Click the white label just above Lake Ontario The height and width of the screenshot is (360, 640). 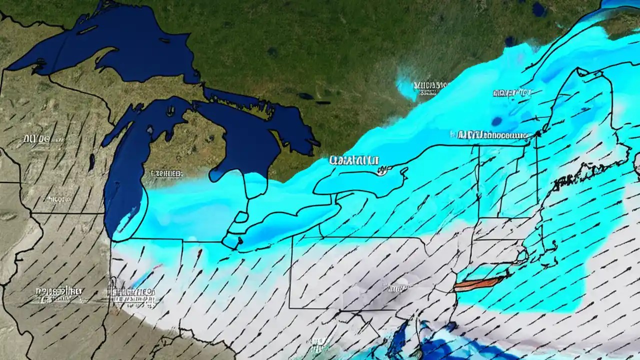[353, 160]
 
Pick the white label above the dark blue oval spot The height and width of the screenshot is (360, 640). [512, 93]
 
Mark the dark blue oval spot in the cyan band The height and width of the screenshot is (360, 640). [497, 121]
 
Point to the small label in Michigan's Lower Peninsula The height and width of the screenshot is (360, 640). [165, 173]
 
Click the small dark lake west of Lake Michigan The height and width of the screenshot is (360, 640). [92, 161]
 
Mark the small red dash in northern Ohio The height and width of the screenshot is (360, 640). [199, 254]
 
